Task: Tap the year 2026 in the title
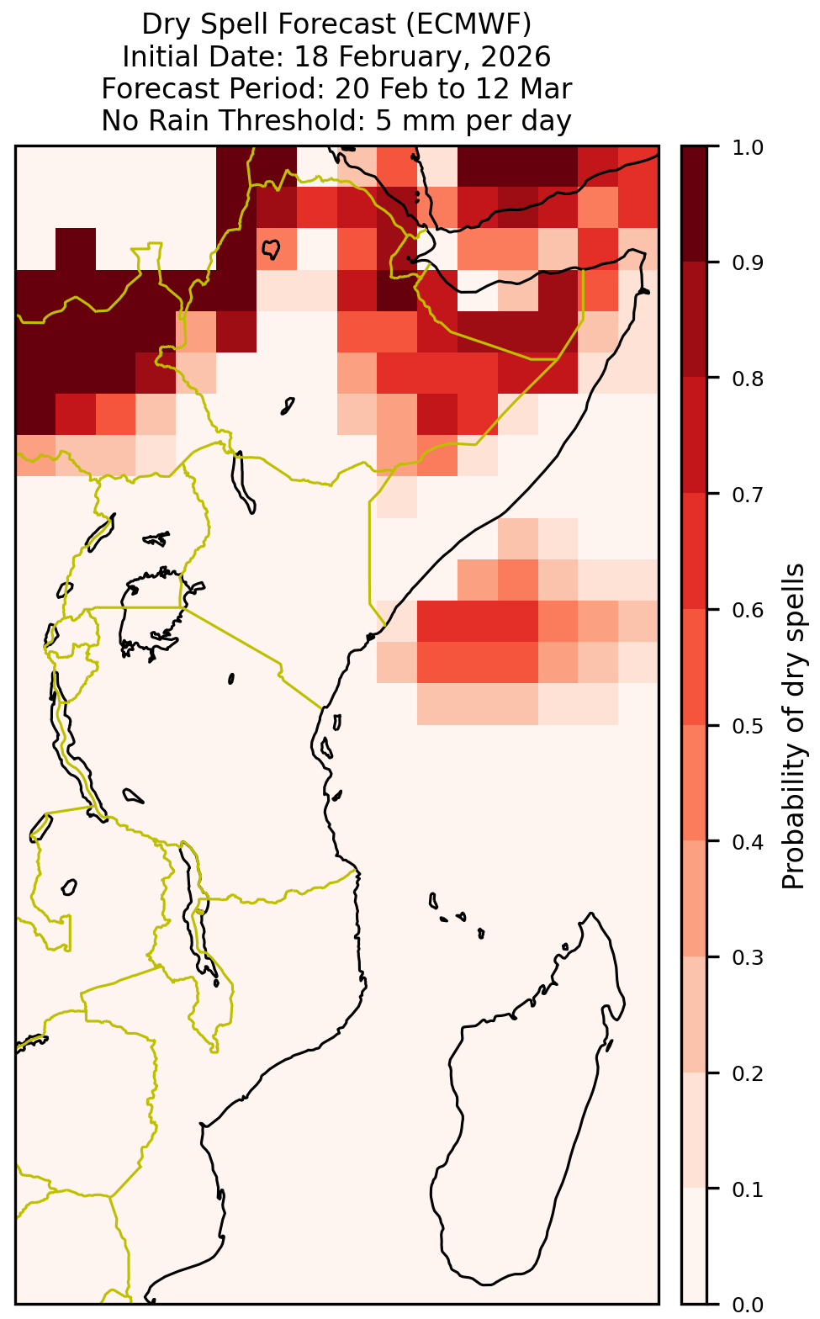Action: [516, 57]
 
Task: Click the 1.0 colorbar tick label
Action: [748, 147]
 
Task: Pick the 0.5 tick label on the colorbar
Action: [748, 726]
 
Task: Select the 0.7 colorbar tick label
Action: [748, 495]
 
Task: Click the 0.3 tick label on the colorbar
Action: [748, 957]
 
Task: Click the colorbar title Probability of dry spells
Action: [792, 726]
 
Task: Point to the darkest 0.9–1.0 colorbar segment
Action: [694, 204]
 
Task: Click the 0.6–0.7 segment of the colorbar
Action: [694, 551]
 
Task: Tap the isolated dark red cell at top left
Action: [76, 248]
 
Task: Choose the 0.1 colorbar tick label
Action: [748, 1189]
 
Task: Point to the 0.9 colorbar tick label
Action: [748, 262]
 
